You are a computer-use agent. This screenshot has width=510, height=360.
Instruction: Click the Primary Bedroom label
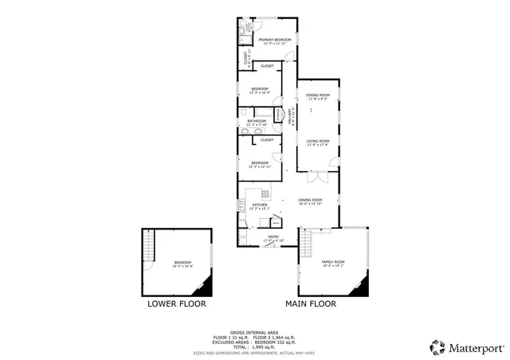pyautogui.click(x=275, y=40)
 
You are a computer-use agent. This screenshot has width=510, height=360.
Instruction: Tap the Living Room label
pyautogui.click(x=319, y=143)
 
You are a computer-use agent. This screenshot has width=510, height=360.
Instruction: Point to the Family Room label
pyautogui.click(x=332, y=263)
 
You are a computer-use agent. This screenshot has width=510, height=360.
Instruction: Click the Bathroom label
pyautogui.click(x=255, y=122)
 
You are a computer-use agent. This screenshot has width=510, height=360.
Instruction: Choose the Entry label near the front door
pyautogui.click(x=273, y=237)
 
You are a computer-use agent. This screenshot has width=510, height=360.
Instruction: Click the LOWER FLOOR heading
pyautogui.click(x=176, y=303)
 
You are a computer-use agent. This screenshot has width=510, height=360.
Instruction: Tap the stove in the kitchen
pyautogui.click(x=265, y=194)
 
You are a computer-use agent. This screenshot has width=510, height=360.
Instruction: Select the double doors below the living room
pyautogui.click(x=318, y=174)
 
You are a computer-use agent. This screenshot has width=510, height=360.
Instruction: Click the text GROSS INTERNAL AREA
pyautogui.click(x=254, y=332)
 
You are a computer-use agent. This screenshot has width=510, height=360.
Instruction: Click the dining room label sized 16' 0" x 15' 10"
pyautogui.click(x=310, y=201)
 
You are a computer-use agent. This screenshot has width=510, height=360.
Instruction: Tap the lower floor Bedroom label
pyautogui.click(x=183, y=263)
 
